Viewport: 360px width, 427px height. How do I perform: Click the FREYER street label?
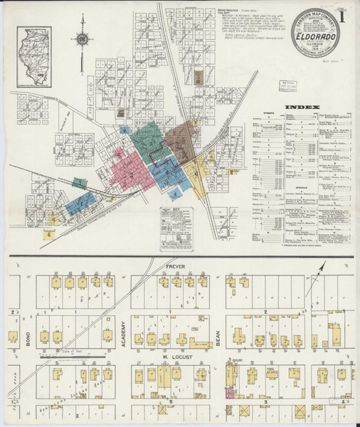pos(175,267)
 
